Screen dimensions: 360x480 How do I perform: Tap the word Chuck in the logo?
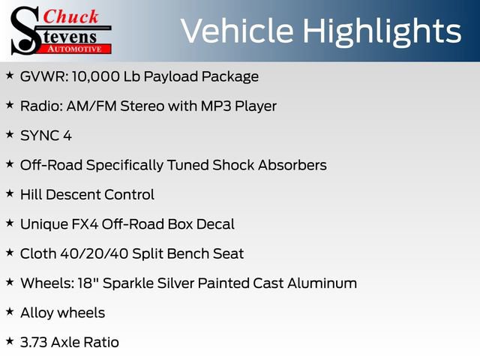click(x=71, y=16)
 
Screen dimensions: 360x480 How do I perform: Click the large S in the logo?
click(x=25, y=30)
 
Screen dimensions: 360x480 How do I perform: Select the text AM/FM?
click(x=86, y=106)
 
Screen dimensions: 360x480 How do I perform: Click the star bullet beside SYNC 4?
click(x=10, y=135)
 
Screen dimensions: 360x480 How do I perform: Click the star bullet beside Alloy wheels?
click(x=10, y=312)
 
